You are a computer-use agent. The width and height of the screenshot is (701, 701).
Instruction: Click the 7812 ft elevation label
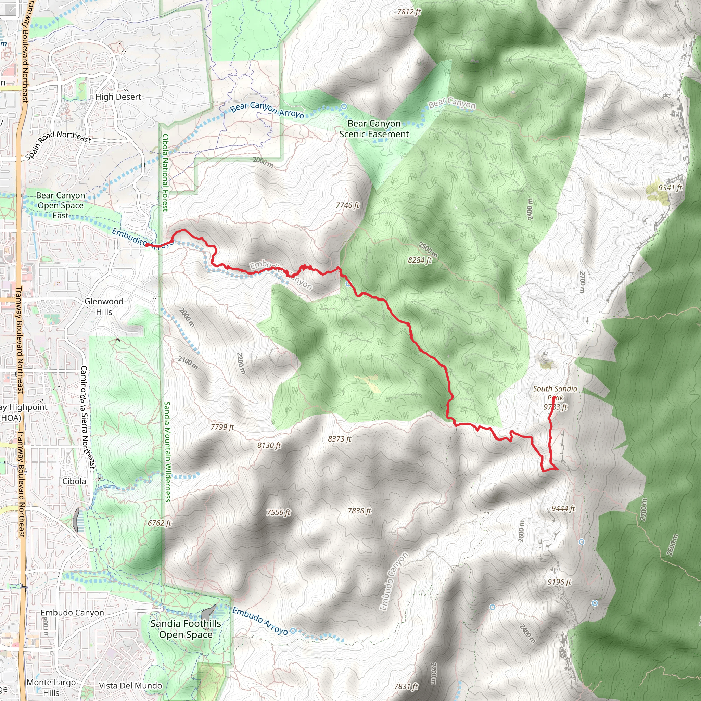409,12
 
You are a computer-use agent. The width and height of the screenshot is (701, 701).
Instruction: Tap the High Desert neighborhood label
118,97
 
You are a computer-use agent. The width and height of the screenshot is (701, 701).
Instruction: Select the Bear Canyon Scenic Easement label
374,129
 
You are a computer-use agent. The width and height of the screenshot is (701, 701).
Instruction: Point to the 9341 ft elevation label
670,188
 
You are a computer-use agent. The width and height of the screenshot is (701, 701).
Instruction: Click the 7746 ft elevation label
347,205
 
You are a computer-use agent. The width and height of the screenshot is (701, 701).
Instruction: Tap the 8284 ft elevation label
419,260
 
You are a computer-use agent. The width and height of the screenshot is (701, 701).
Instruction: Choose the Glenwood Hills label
104,307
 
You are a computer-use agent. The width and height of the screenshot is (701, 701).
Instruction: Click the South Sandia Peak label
555,393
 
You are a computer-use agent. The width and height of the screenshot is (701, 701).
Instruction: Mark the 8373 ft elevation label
340,439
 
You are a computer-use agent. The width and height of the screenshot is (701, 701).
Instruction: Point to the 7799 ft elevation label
222,427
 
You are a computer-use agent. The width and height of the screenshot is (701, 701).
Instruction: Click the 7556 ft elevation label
278,512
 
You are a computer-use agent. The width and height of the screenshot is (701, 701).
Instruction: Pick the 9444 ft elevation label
563,508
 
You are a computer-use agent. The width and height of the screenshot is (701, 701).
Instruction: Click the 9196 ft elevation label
559,582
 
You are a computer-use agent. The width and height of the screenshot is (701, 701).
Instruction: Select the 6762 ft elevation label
159,523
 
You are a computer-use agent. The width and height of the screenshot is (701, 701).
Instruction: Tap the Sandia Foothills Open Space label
186,629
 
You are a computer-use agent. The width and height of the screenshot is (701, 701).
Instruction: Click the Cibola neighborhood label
74,481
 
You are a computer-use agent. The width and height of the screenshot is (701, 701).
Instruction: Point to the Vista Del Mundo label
131,685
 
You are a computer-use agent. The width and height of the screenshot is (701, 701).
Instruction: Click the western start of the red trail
146,245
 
